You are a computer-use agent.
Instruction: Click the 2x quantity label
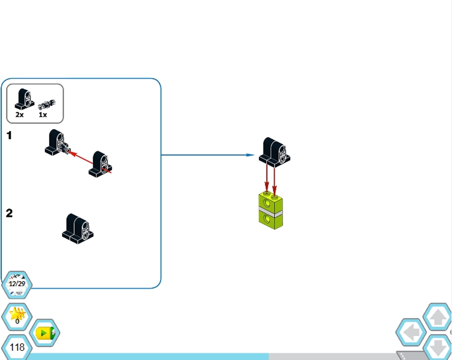tap(19, 114)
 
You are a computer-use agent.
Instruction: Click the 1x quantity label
tap(43, 114)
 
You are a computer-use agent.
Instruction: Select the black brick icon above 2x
tap(24, 99)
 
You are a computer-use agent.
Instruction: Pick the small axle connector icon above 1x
tap(47, 103)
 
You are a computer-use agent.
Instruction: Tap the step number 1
tap(9, 136)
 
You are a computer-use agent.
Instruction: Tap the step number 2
tap(9, 213)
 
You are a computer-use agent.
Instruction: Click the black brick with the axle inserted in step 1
tap(55, 142)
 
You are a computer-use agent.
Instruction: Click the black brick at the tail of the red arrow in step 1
tap(101, 164)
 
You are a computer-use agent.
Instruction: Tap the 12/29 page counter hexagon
tap(17, 284)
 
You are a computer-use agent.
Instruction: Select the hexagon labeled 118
tap(17, 347)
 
